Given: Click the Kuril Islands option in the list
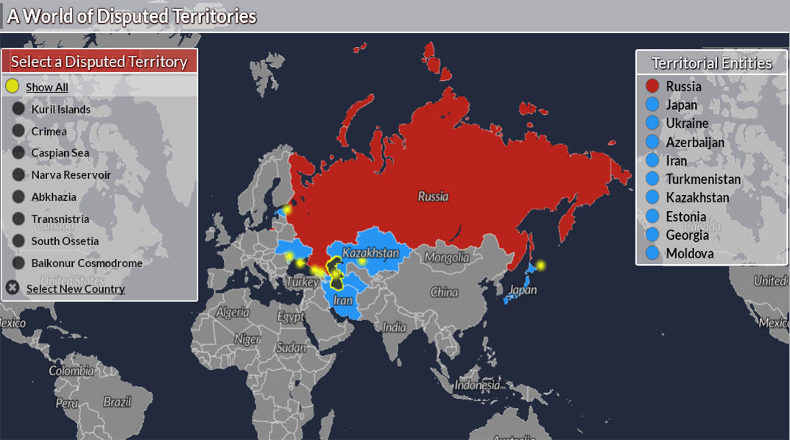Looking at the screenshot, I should click(60, 110).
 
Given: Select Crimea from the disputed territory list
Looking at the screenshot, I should click(49, 132).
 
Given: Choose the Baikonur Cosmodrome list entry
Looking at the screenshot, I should click(86, 263).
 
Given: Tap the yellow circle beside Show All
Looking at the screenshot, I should click(13, 86).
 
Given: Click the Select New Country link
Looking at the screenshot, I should click(75, 288).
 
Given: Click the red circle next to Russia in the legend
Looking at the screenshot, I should click(652, 86).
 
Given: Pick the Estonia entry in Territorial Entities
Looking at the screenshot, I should click(685, 216).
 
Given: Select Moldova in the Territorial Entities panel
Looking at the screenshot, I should click(689, 254).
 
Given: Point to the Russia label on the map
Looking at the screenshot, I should click(433, 196).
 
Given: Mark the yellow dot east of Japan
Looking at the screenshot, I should click(541, 265).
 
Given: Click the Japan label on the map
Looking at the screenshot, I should click(522, 290).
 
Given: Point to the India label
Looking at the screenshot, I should click(395, 327).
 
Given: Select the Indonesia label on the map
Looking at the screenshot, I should click(477, 385).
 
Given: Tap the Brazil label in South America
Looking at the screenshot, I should click(117, 402).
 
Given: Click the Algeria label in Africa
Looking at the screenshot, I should click(233, 312).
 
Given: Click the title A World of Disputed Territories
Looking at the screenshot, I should click(133, 16).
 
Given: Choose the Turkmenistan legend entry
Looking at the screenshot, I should click(703, 179).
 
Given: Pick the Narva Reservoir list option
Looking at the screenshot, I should click(71, 175).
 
